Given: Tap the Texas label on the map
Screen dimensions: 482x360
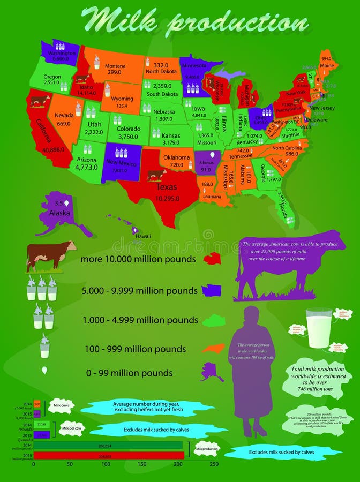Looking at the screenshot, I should [x=166, y=187].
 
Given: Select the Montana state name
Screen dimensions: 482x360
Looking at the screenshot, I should [x=115, y=66].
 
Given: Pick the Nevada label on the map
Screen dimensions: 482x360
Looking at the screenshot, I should [x=64, y=115].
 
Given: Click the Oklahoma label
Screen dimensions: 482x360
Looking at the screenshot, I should [x=177, y=157].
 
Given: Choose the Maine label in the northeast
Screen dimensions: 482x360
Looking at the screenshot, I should [x=327, y=66].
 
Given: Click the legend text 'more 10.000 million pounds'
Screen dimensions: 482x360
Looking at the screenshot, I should [x=138, y=260].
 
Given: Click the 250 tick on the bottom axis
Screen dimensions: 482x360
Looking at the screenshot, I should [x=214, y=464].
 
